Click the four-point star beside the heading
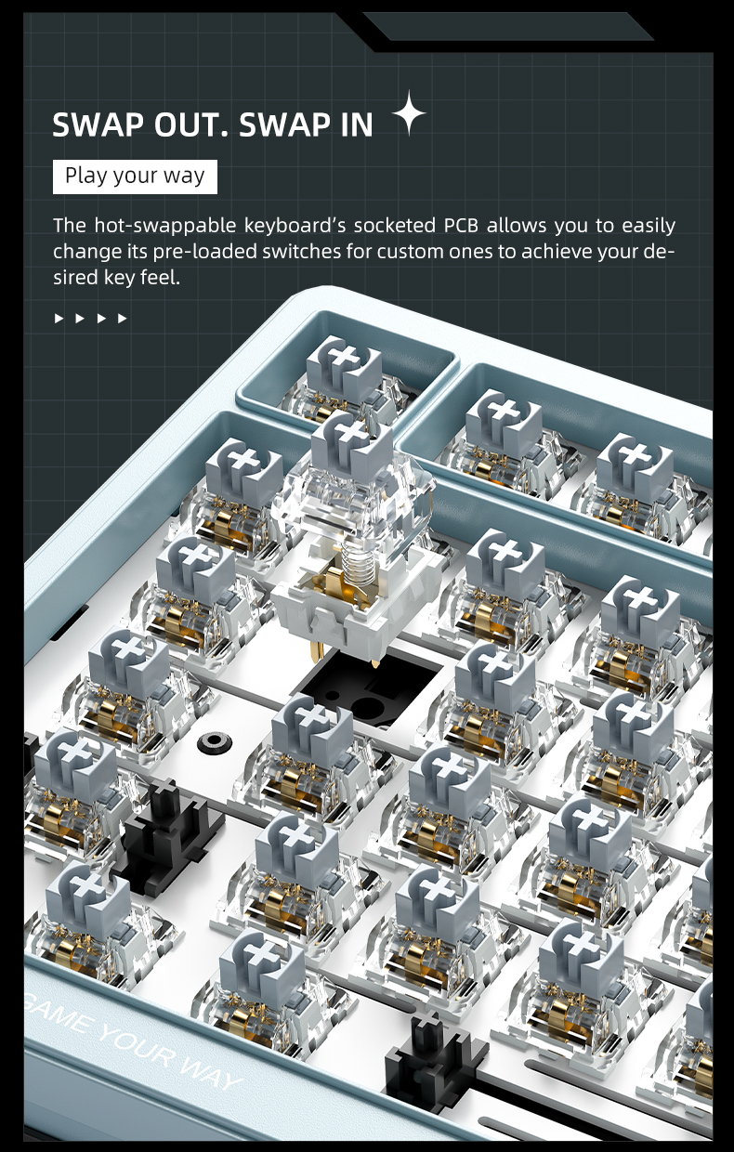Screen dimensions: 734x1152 point(409,112)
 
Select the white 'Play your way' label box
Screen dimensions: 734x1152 point(135,177)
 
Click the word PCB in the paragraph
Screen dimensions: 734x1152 point(462,225)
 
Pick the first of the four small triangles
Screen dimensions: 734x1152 point(59,319)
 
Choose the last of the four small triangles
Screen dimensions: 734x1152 point(122,319)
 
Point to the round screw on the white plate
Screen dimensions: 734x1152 point(215,742)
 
